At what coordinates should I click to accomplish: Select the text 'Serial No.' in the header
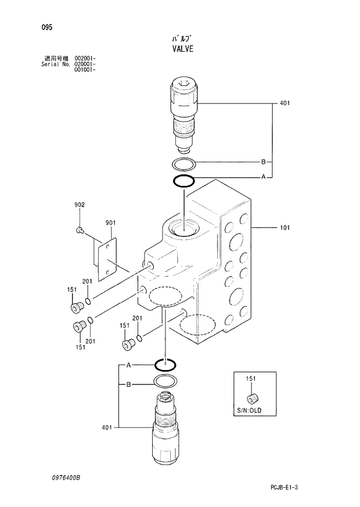(x=55, y=64)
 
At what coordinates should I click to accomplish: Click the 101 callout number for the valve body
(x=284, y=228)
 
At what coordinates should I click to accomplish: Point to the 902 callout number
(x=79, y=204)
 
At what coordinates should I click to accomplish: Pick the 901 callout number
(x=111, y=222)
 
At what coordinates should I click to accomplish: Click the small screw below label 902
(x=80, y=231)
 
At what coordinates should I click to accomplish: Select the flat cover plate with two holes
(x=106, y=256)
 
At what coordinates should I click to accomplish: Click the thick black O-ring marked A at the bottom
(x=165, y=365)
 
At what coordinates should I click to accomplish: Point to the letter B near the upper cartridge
(x=263, y=161)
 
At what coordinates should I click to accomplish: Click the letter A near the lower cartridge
(x=128, y=365)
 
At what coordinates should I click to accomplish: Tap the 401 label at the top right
(x=284, y=103)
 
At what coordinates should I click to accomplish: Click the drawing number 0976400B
(x=64, y=476)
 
